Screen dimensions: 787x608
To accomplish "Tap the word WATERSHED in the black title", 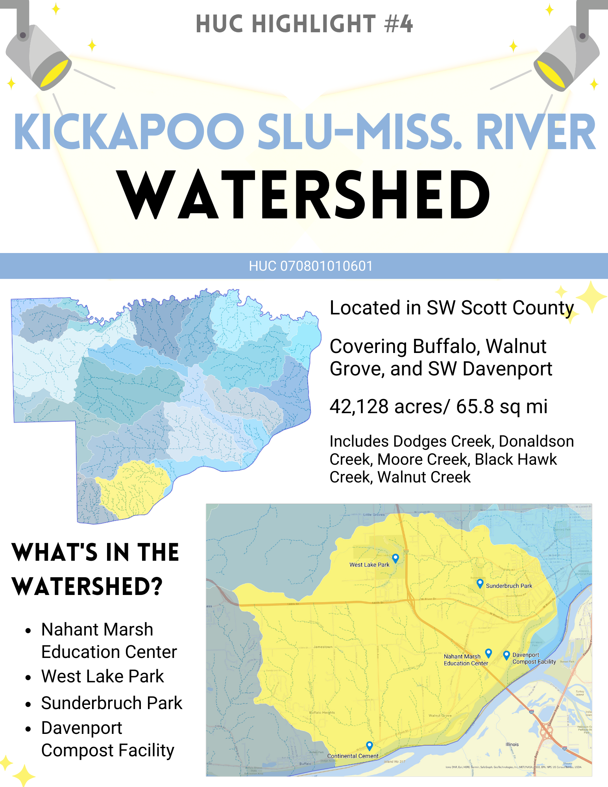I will pos(304,195).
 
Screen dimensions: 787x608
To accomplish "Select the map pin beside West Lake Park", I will pos(395,558).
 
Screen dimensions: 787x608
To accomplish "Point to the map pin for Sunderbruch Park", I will pos(480,583).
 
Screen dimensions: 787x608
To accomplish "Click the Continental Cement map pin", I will pos(369,745).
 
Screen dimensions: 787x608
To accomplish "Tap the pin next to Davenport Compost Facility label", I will pos(506,655).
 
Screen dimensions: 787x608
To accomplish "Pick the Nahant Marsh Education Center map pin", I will pos(488,653).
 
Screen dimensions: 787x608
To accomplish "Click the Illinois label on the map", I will pos(512,745).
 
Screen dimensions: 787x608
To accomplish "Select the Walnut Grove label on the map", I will pos(440,716).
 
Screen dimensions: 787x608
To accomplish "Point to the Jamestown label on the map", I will pos(323,647).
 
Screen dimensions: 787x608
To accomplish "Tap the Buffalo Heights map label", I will pos(322,713).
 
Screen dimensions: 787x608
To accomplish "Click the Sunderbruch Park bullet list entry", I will pos(112,703).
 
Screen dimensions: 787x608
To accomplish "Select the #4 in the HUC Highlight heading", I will pos(399,24).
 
